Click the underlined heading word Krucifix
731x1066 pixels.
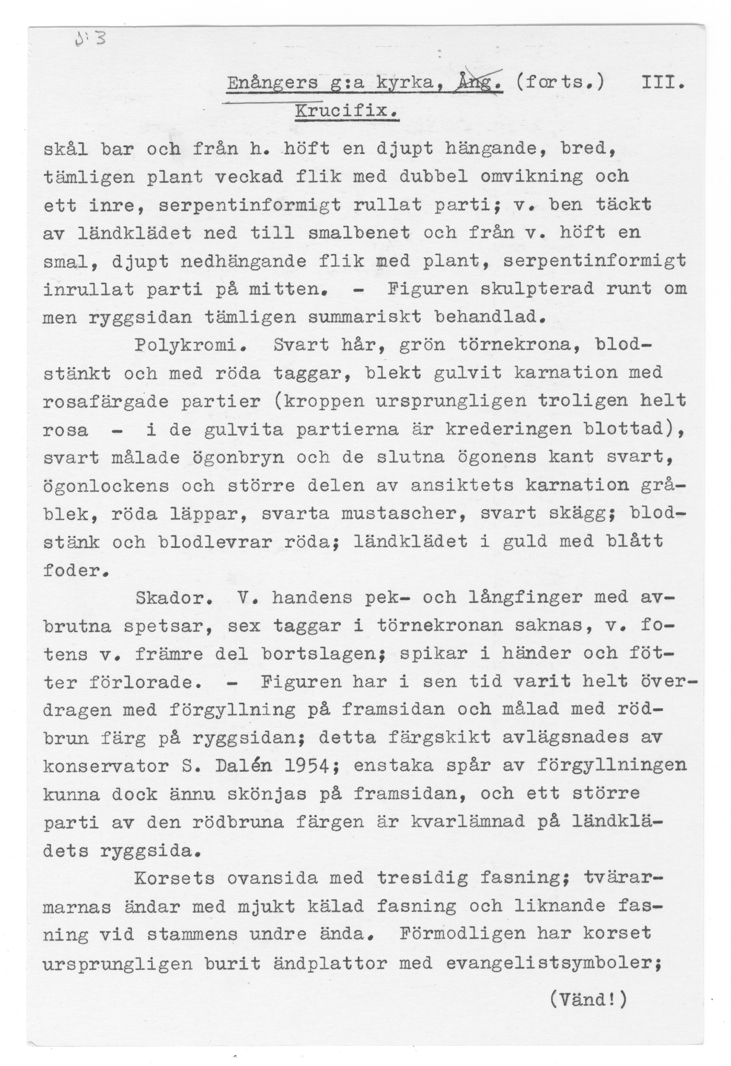tap(347, 112)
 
